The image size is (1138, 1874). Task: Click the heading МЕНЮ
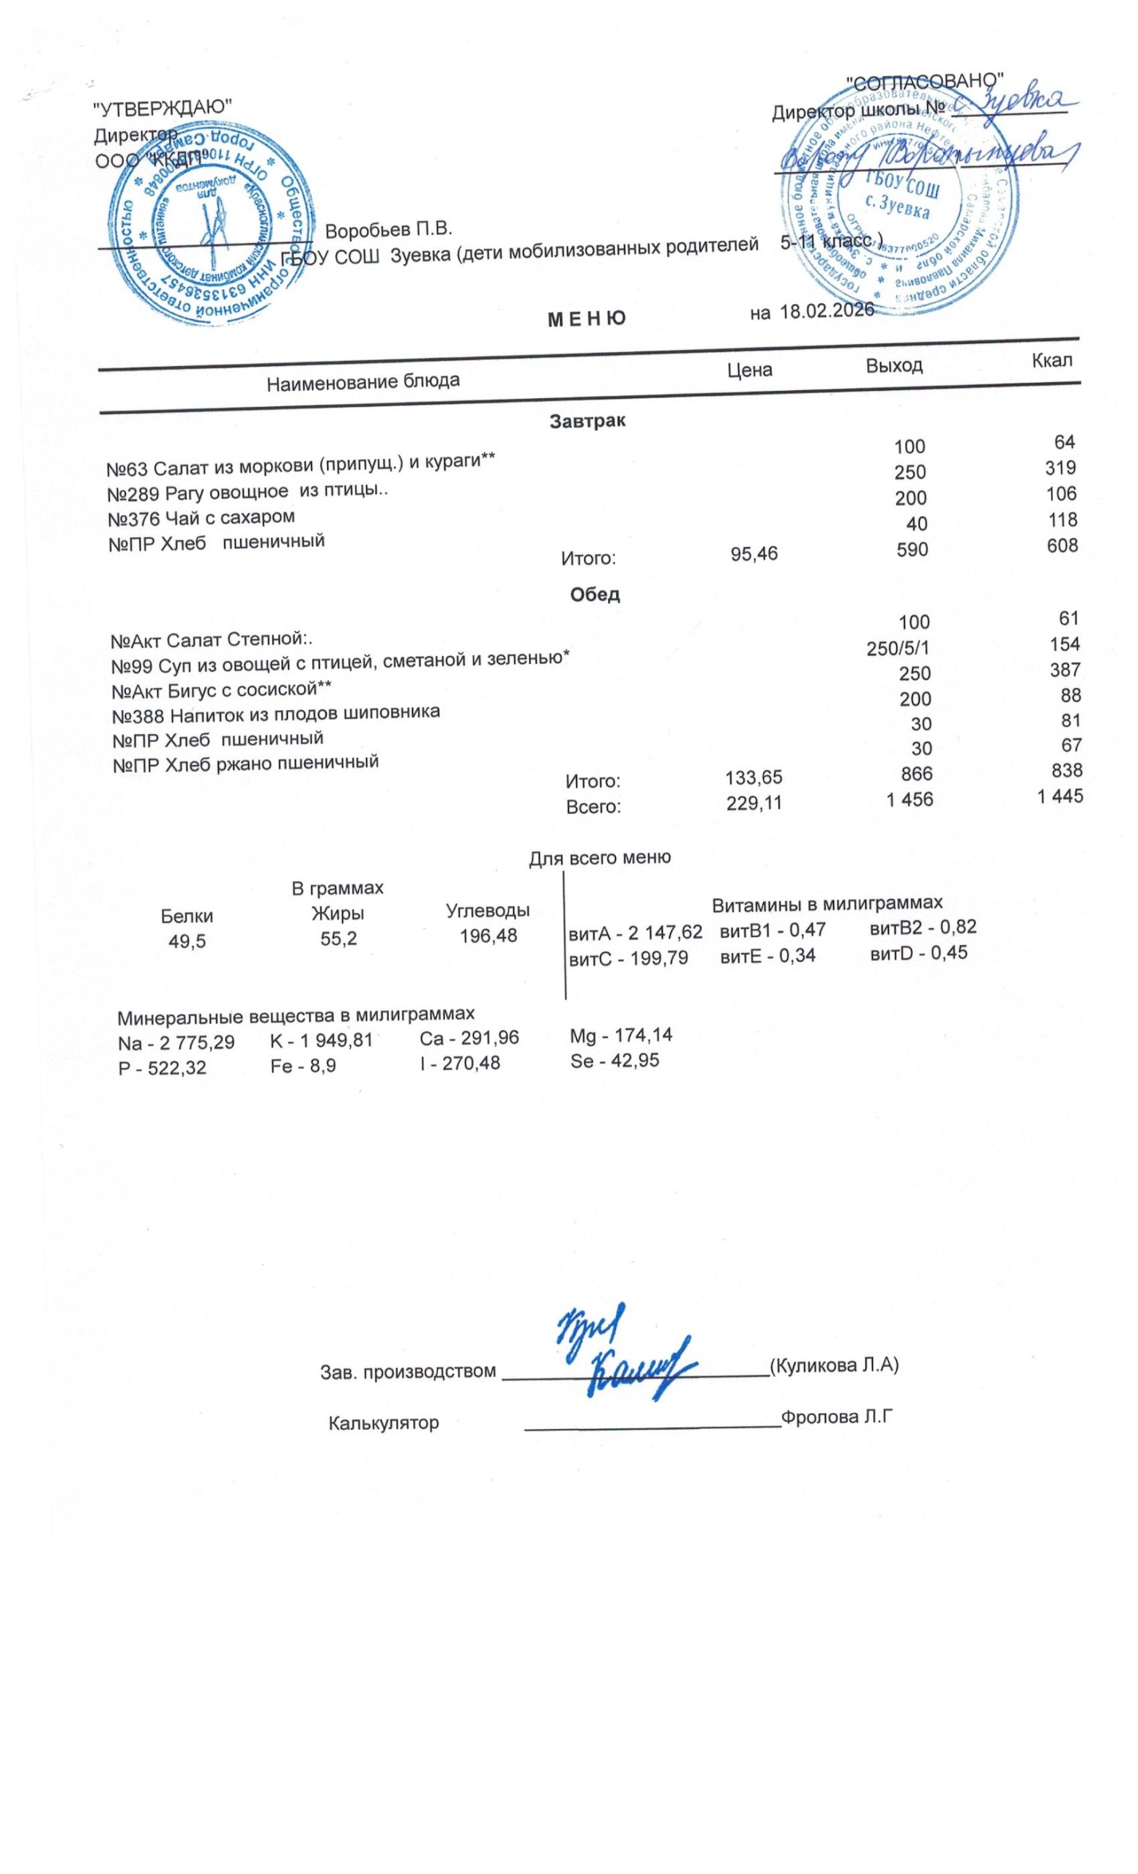[x=587, y=318]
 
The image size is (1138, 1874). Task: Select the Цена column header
[x=749, y=370]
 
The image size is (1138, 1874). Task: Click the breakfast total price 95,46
[x=754, y=553]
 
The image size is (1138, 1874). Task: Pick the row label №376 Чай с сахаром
[x=201, y=518]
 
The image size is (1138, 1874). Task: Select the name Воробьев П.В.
[x=388, y=229]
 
